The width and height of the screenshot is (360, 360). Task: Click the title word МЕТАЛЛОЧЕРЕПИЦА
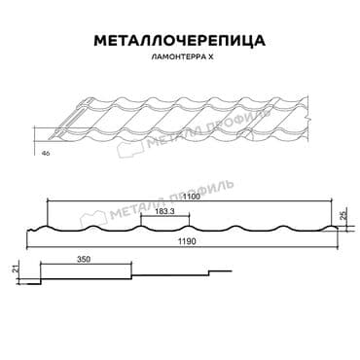click(x=180, y=41)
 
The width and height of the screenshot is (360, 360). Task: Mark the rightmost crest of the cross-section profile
click(x=335, y=230)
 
